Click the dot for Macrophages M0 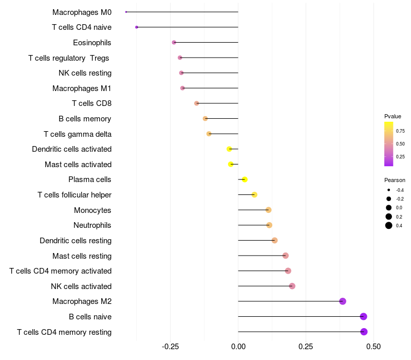126,12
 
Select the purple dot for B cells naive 364,317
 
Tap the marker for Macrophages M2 343,301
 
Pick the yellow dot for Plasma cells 245,179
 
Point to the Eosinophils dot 174,42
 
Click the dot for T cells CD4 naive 137,27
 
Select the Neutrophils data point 269,225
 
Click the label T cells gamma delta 78,134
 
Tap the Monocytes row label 92,210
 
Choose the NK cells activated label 81,286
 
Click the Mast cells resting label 82,256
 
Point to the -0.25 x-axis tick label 171,347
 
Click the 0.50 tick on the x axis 373,347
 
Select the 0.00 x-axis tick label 238,347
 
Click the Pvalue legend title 393,116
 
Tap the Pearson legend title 395,181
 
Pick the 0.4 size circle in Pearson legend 389,225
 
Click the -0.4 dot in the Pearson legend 389,190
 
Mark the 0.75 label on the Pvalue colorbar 400,131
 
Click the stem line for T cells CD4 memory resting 301,332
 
